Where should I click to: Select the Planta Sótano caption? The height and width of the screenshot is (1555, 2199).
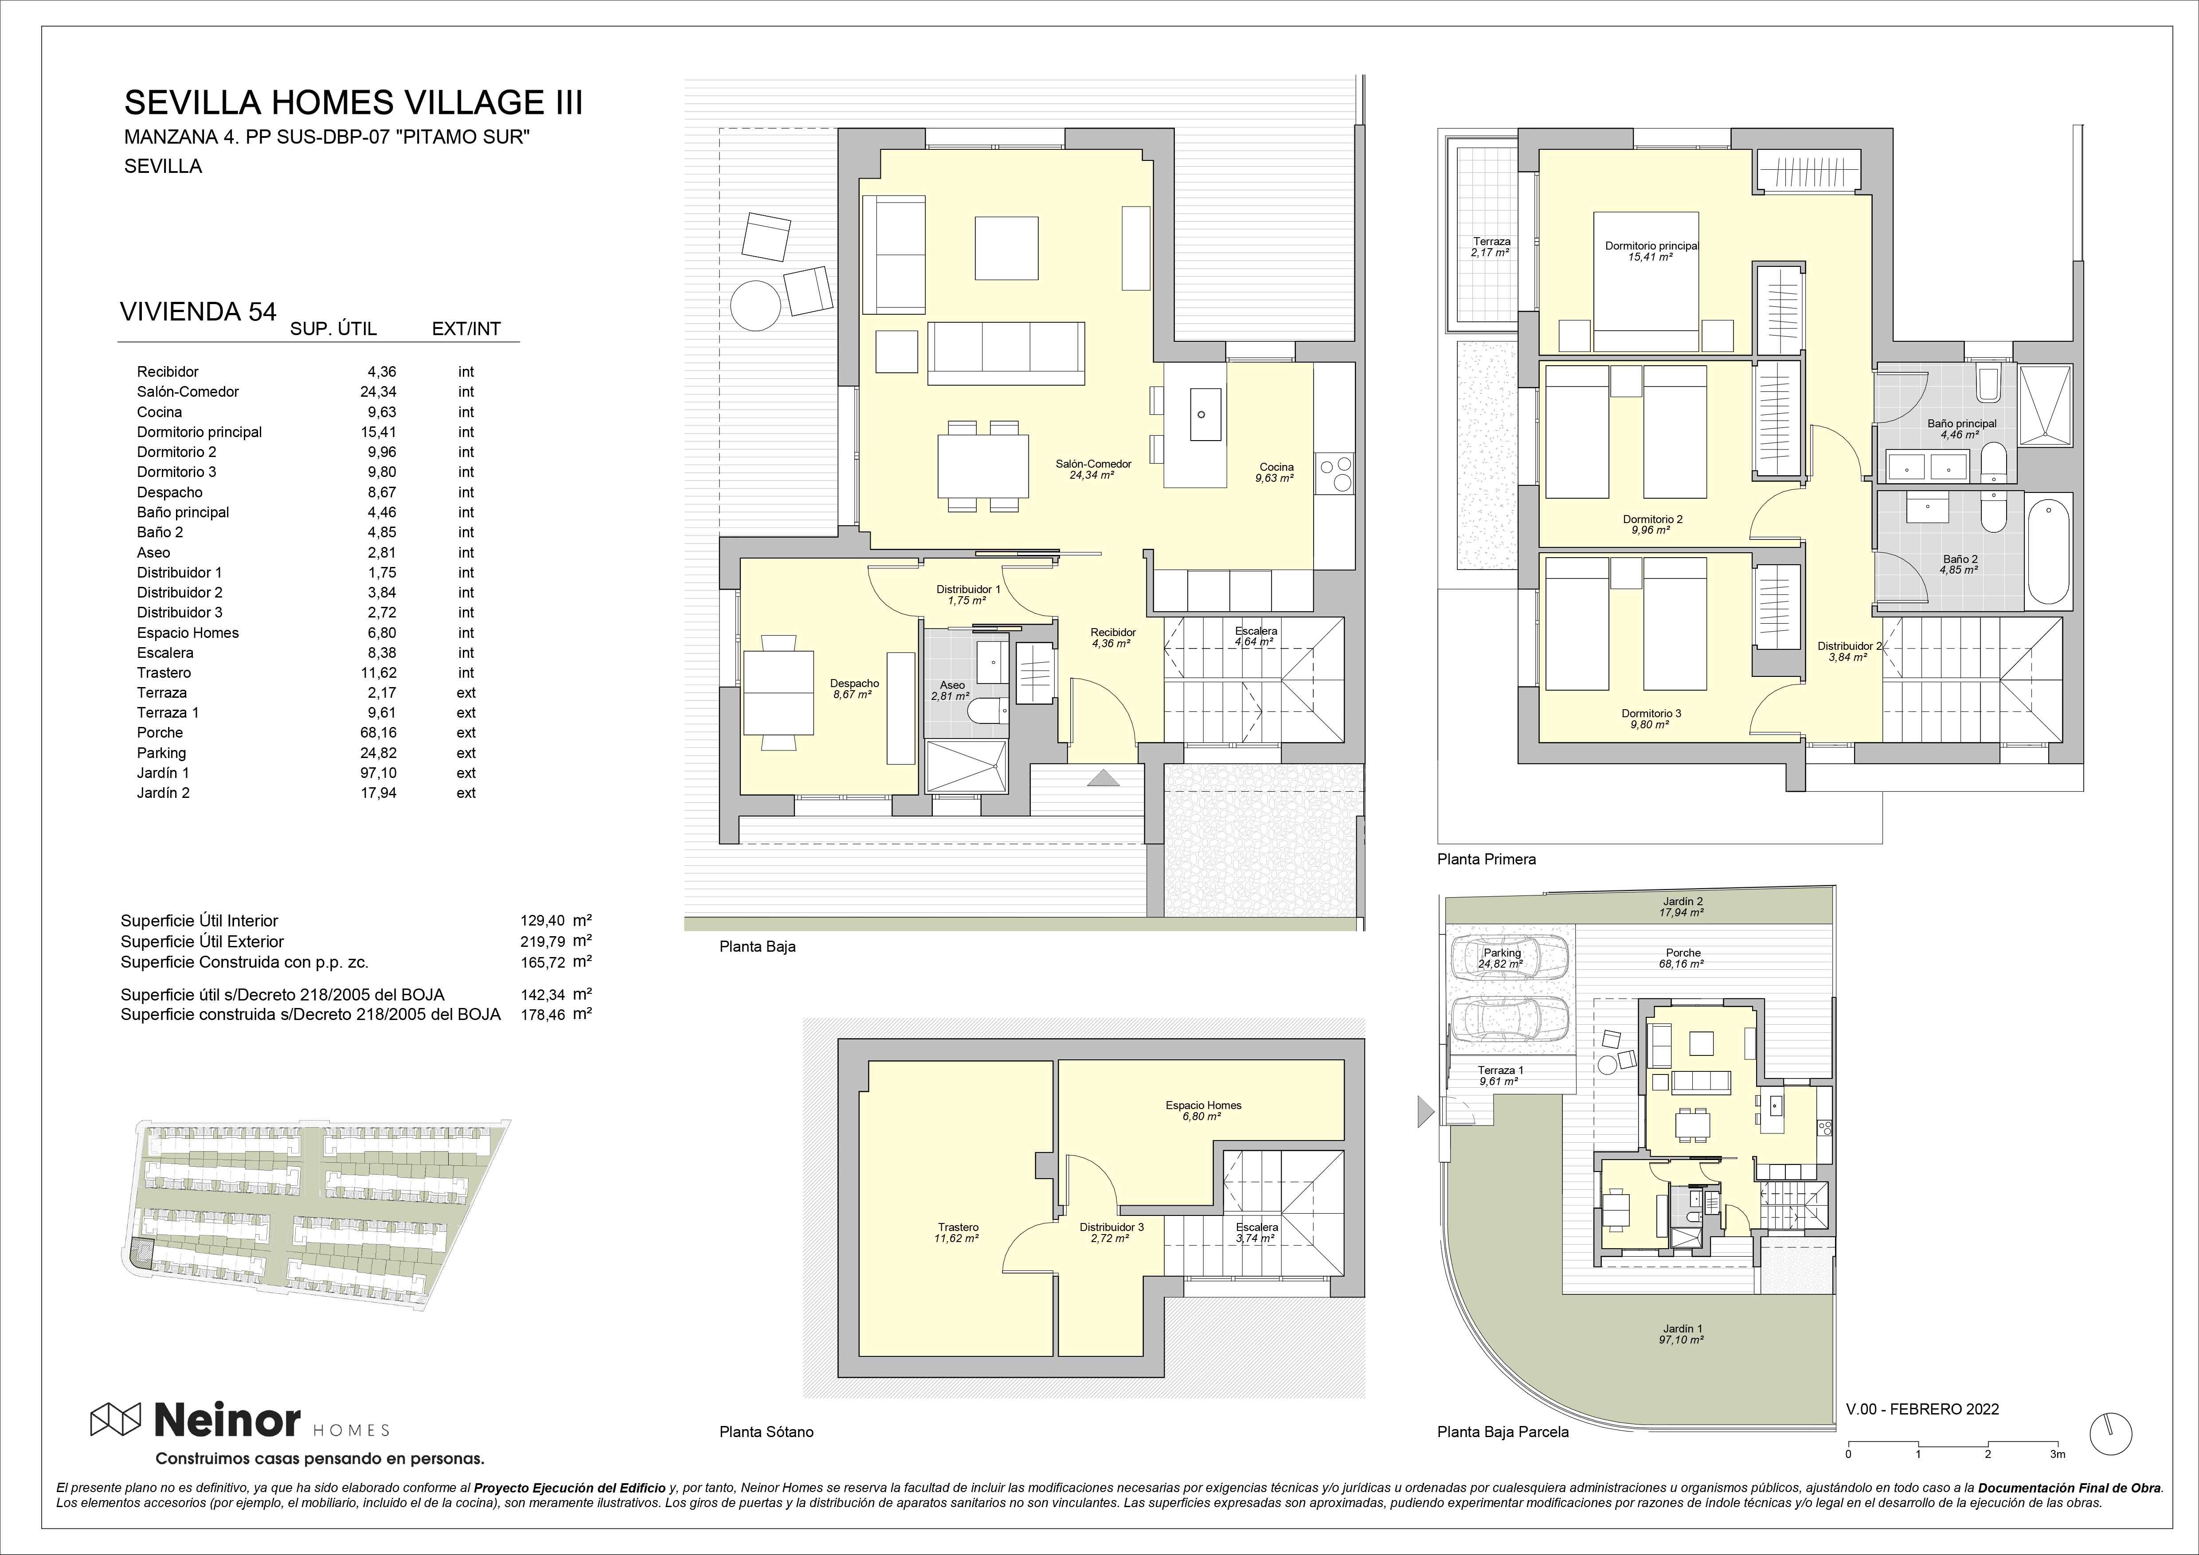[x=766, y=1431]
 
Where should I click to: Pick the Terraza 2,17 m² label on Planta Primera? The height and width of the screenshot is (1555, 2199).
[x=1491, y=247]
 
